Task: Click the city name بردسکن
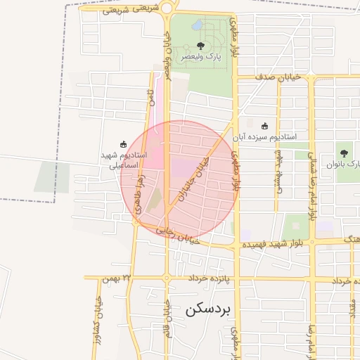(x=211, y=309)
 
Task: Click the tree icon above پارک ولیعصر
(x=201, y=46)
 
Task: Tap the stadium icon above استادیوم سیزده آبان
(x=264, y=126)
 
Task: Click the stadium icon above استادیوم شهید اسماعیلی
(x=124, y=143)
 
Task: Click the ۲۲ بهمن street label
(x=117, y=278)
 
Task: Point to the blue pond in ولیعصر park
(x=197, y=25)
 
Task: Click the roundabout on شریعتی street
(x=167, y=9)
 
